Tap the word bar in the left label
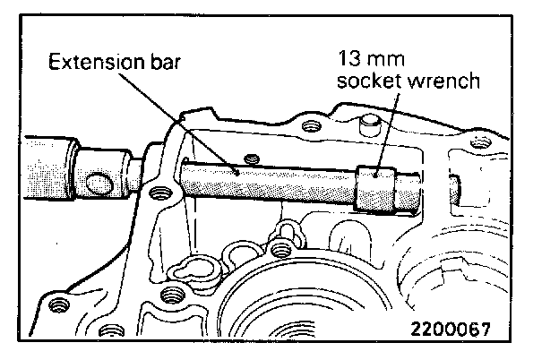click(x=161, y=64)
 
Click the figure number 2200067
click(x=451, y=329)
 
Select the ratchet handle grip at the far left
click(x=45, y=166)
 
